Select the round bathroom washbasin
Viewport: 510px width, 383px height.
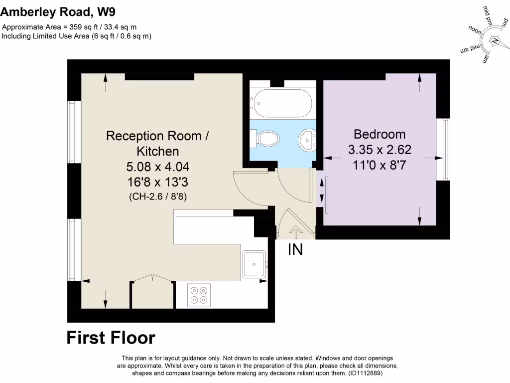point(307,140)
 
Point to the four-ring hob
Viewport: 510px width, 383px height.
point(199,295)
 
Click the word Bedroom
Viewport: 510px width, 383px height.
point(380,134)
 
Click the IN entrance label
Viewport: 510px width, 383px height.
point(295,249)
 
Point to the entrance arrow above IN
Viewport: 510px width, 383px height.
point(296,231)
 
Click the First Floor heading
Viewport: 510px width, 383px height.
point(111,338)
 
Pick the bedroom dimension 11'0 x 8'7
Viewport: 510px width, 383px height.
point(380,165)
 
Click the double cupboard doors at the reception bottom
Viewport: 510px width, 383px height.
point(153,278)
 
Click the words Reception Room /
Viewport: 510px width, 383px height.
point(154,136)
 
